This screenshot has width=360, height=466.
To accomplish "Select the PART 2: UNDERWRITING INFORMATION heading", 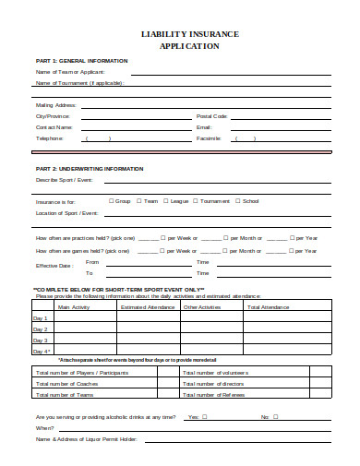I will tap(89, 169).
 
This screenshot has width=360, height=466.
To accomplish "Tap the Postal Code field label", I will tap(211, 116).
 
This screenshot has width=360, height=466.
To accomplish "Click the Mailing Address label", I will tap(56, 105).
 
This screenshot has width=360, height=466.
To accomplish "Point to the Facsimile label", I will tap(209, 138).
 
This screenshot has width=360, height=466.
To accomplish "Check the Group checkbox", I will tap(112, 200).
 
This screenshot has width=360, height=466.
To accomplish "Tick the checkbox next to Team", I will tap(140, 200).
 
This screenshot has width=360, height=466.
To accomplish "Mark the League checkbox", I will tap(166, 200).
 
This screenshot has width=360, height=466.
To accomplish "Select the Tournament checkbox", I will tap(197, 200).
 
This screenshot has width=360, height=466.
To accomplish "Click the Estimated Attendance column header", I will tap(148, 306).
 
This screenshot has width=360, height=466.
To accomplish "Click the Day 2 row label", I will tap(41, 329).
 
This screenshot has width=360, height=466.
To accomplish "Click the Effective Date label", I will tap(54, 266).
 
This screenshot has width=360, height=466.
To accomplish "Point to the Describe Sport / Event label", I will tap(66, 181).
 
